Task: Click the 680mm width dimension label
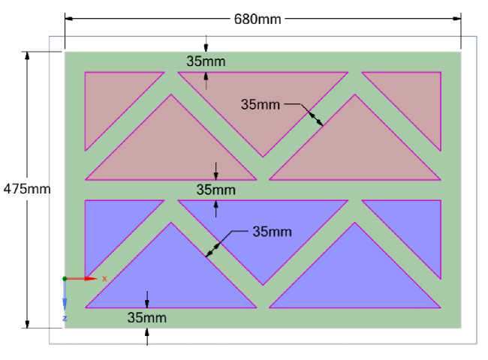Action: (x=258, y=19)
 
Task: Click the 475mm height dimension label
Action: (x=27, y=188)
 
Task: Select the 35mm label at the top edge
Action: (x=206, y=61)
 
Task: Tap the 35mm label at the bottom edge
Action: (x=146, y=318)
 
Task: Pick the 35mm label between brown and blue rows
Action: (x=215, y=189)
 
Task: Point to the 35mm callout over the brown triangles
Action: (x=260, y=104)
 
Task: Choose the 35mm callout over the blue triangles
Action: (x=271, y=232)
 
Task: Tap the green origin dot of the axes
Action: (x=65, y=278)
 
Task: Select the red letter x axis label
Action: (x=104, y=278)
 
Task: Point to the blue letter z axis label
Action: (x=65, y=318)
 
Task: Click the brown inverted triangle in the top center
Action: (x=263, y=101)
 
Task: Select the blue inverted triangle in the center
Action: (x=263, y=229)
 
